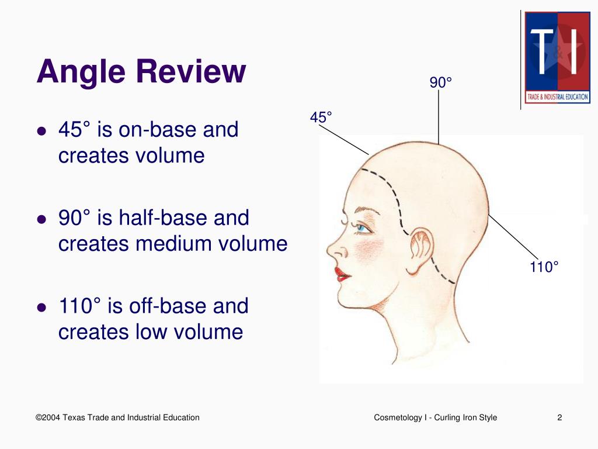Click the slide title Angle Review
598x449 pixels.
(141, 72)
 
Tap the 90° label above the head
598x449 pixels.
(441, 83)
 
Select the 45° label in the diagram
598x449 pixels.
(321, 118)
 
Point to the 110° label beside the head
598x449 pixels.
(544, 267)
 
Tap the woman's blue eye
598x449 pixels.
(362, 228)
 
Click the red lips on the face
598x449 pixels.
(342, 274)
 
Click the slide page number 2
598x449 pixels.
(559, 417)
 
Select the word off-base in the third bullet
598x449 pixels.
(166, 306)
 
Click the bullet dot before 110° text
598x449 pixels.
(41, 307)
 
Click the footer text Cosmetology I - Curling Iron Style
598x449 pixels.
(435, 417)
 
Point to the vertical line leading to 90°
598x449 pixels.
(439, 117)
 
